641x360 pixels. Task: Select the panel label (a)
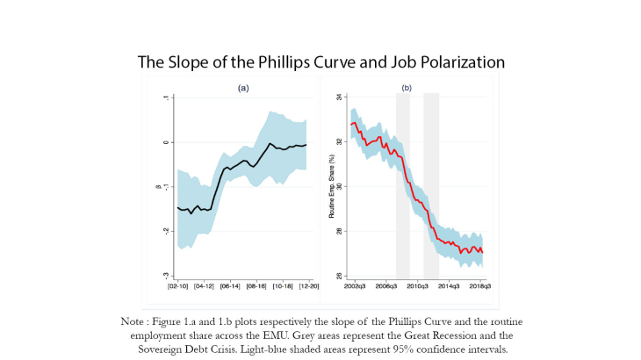pos(242,89)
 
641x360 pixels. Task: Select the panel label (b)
pos(407,88)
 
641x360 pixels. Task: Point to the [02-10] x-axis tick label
pos(178,286)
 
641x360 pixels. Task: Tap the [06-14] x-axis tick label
pos(230,286)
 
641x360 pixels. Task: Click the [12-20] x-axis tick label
pos(307,286)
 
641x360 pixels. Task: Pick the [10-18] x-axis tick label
pos(281,286)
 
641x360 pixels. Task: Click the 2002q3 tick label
pos(355,286)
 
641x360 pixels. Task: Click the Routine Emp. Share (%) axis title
pos(332,188)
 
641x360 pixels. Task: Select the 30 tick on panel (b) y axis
pos(340,186)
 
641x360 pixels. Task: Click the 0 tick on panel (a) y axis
pos(166,142)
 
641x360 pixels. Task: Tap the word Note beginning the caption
pos(134,322)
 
